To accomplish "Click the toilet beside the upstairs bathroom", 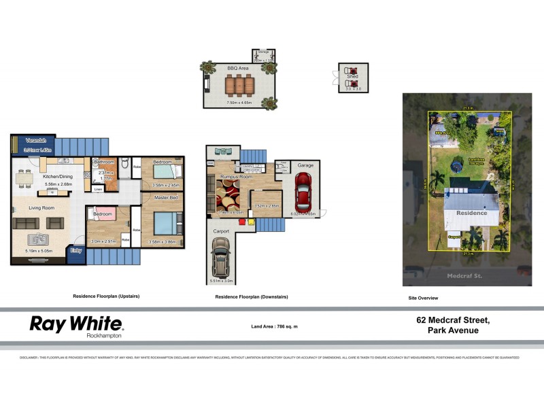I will pyautogui.click(x=124, y=165).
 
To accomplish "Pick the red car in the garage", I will pyautogui.click(x=303, y=192).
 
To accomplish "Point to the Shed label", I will pyautogui.click(x=352, y=77).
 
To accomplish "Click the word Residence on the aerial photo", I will pyautogui.click(x=471, y=213).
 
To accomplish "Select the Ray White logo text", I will pyautogui.click(x=75, y=324).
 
